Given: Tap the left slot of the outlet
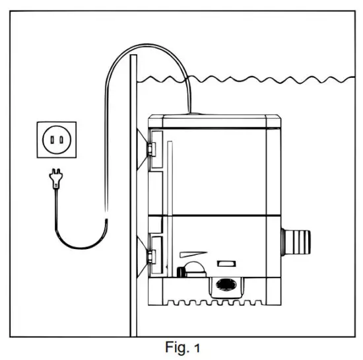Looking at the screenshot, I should point(49,139).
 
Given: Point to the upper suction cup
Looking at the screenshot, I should point(142,149).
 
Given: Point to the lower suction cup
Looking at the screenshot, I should point(142,254).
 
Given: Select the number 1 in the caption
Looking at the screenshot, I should point(196,346).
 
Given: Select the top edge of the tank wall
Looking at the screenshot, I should point(133,57).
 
